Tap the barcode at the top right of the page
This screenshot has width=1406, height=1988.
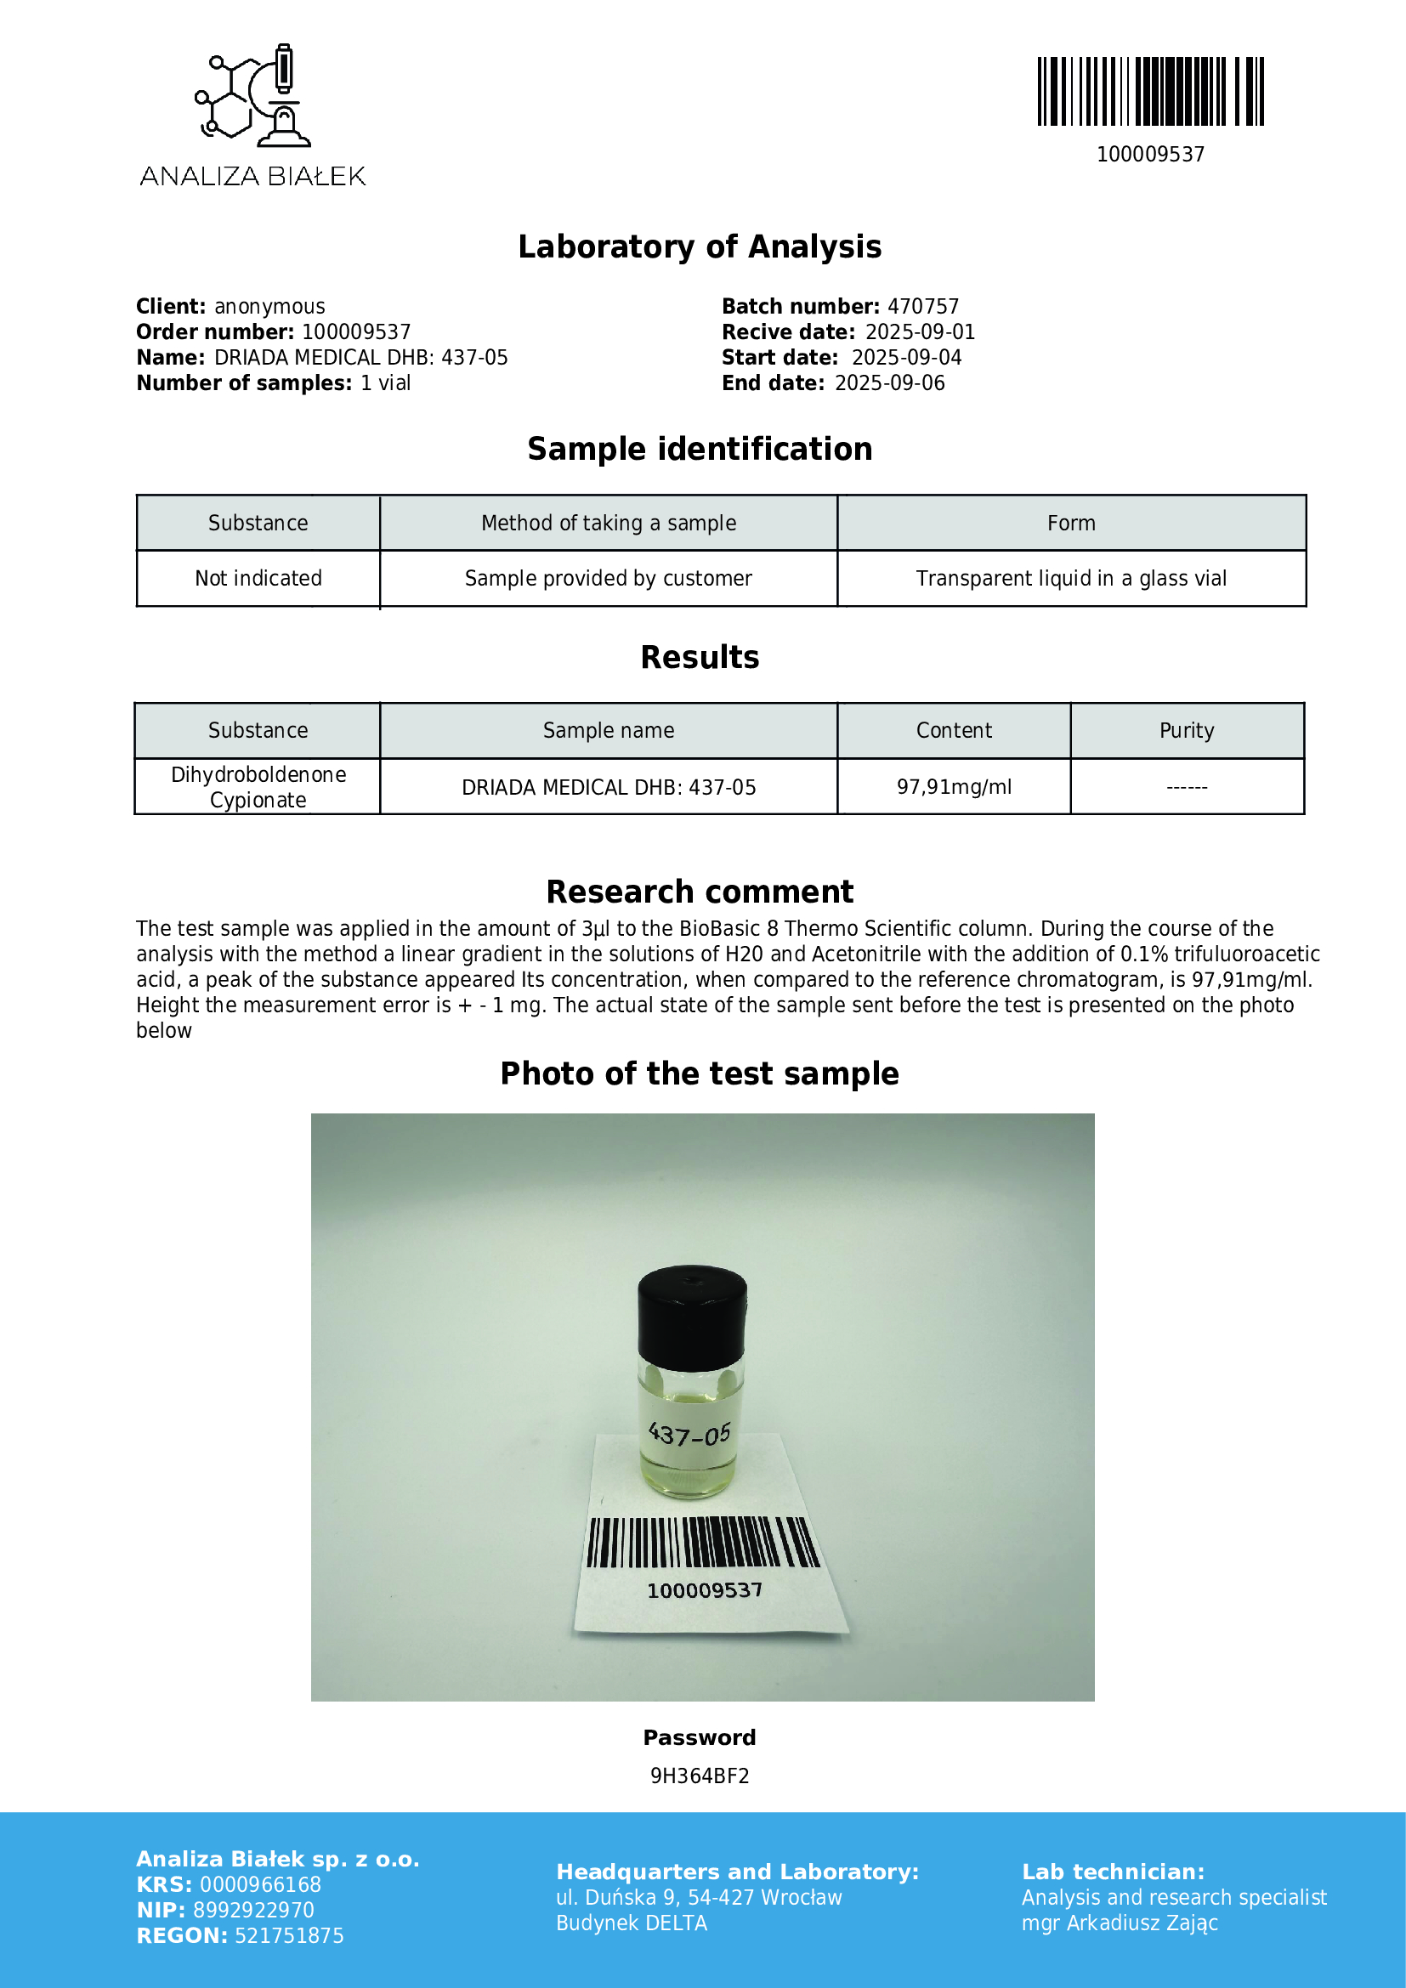click(x=1150, y=92)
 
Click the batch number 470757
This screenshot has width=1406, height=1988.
click(x=923, y=307)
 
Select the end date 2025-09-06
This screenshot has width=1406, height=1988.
click(x=889, y=383)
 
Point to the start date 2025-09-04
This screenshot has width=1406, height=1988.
click(x=905, y=358)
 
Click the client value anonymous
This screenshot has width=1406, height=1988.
click(x=269, y=307)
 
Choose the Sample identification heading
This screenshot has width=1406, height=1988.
click(x=700, y=450)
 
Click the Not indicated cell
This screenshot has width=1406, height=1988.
click(x=258, y=579)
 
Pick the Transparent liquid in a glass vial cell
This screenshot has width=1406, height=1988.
click(x=1071, y=579)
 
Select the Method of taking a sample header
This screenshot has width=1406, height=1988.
click(x=609, y=523)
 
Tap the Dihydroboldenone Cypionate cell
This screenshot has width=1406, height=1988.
click(x=258, y=787)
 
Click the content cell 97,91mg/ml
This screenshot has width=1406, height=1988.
click(x=953, y=787)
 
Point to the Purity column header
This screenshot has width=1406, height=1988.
click(x=1186, y=731)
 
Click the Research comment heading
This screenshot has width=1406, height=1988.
click(x=700, y=892)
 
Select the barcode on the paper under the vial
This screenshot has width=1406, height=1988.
click(x=702, y=1542)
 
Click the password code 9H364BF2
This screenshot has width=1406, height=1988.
click(x=700, y=1776)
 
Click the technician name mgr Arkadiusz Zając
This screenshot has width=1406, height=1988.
click(x=1120, y=1923)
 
